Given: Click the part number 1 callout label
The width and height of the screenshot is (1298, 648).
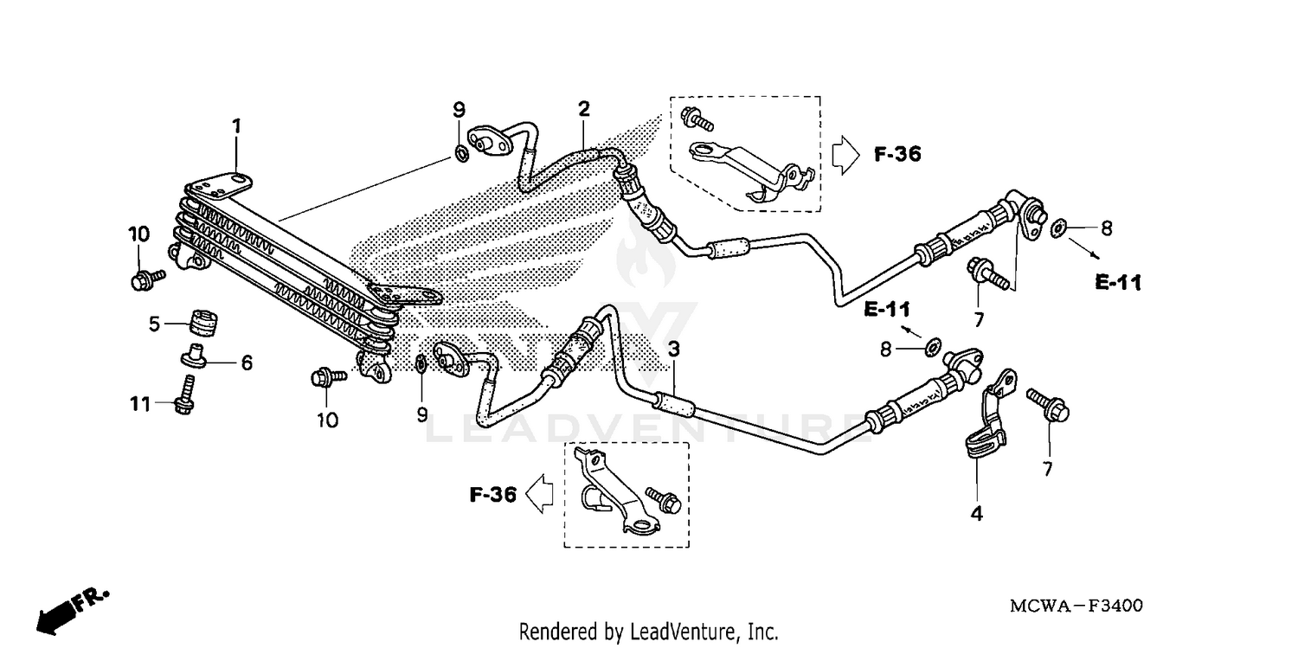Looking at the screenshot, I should pyautogui.click(x=235, y=126).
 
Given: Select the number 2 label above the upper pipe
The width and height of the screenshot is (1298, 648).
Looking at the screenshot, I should pyautogui.click(x=584, y=109).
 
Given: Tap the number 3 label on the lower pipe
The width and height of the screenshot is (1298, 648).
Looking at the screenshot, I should pyautogui.click(x=673, y=350).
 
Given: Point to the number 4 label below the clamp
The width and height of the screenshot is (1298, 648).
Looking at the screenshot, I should pyautogui.click(x=976, y=514).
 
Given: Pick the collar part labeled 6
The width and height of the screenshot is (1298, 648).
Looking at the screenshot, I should pyautogui.click(x=194, y=356).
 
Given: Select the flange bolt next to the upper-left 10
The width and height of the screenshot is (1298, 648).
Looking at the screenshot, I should pyautogui.click(x=146, y=278).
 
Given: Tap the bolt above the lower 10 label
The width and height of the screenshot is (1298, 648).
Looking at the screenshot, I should pyautogui.click(x=327, y=377).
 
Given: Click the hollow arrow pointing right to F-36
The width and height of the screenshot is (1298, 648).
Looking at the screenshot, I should pyautogui.click(x=845, y=155).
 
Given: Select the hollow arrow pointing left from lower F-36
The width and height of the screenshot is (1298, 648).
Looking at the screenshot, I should pyautogui.click(x=539, y=495).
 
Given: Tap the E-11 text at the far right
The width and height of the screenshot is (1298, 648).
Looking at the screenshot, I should pyautogui.click(x=1118, y=282).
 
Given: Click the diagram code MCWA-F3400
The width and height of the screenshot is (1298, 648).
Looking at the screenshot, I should pyautogui.click(x=1076, y=606).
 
